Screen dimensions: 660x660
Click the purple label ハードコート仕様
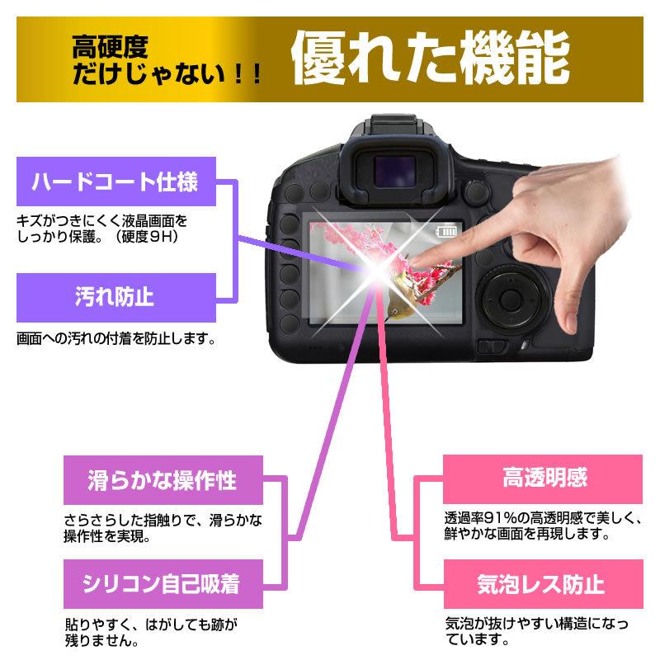115,181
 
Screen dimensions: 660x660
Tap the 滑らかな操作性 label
163,481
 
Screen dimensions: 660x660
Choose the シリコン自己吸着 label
163,585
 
